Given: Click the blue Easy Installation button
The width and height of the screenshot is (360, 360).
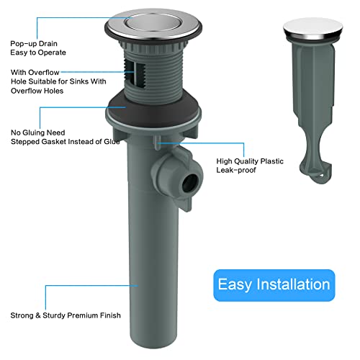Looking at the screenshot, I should (x=273, y=284).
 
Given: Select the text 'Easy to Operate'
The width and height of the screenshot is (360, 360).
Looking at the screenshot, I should (x=37, y=53).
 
